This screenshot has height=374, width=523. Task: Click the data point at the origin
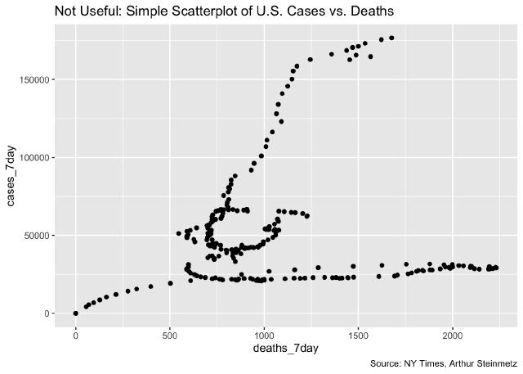75,313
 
